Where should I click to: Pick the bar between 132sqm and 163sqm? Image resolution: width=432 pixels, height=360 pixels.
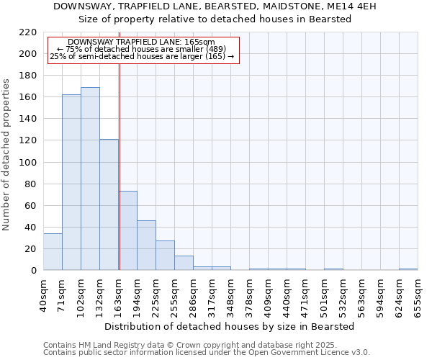[x=109, y=204]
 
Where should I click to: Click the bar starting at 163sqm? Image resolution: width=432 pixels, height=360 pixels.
[x=128, y=230]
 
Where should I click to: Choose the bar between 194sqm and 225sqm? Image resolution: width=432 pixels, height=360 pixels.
[x=146, y=246]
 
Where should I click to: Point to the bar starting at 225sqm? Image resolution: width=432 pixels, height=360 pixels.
[x=165, y=256]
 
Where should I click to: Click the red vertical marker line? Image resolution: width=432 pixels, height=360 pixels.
[x=120, y=166]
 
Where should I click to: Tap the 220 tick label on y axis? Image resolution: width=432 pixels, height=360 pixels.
[x=27, y=32]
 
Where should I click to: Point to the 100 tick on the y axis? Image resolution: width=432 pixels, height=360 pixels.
[x=27, y=162]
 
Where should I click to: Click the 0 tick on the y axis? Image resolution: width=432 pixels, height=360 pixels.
[x=33, y=271]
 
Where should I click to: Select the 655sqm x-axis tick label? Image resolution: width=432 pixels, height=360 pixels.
[x=418, y=295]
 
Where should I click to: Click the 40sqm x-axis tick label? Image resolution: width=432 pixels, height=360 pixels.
[x=44, y=295]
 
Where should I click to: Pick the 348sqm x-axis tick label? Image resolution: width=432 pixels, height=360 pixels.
[x=231, y=295]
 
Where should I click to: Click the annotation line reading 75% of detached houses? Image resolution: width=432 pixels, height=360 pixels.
[x=141, y=49]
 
